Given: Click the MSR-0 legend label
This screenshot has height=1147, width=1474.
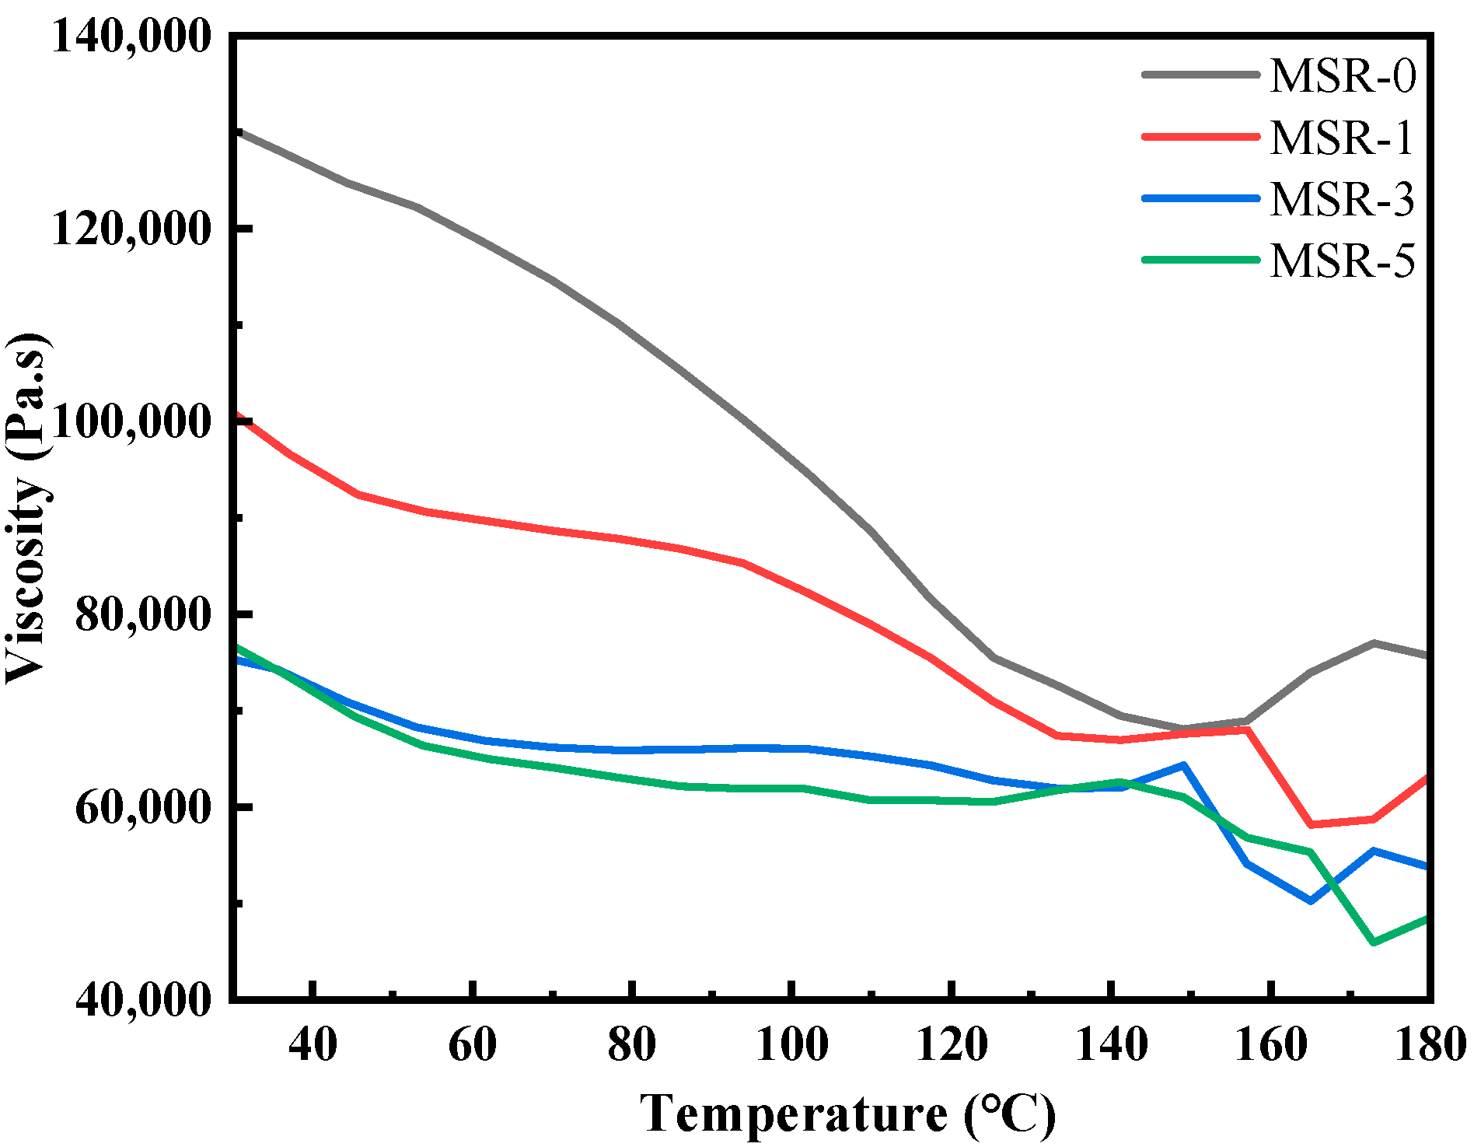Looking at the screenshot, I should [1343, 76].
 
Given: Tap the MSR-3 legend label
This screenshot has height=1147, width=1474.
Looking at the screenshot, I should [1343, 199].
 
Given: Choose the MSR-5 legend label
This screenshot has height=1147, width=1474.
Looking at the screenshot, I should [1343, 261].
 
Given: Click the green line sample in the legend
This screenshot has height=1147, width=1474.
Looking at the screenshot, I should [1201, 260].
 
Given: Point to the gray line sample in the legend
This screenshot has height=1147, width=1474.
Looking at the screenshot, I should [1201, 75].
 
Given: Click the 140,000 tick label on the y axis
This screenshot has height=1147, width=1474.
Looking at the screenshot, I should [131, 36].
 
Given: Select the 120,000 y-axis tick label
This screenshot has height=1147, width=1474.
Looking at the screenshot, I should [131, 229].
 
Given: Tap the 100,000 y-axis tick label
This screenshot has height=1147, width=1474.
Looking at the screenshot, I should [131, 421].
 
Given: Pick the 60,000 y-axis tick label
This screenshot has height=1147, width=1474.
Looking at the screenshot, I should [143, 807].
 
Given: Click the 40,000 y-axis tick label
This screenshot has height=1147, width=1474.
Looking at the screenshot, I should [143, 998].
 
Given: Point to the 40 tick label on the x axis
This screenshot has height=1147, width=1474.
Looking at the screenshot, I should [313, 1044].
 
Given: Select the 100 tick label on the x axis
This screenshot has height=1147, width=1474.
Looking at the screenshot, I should [791, 1044].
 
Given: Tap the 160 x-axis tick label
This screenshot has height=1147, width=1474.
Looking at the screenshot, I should [1271, 1044].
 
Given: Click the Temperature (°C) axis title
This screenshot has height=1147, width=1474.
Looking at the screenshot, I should [847, 1114].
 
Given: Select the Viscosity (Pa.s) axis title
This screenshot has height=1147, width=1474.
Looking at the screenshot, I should [26, 509].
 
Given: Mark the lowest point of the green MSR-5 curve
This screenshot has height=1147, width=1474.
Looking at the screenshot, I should [1374, 942].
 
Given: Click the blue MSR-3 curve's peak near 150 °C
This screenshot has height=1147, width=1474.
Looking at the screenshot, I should [1183, 765].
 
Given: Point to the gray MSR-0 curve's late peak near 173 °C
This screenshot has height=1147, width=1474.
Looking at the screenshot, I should [1374, 643].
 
